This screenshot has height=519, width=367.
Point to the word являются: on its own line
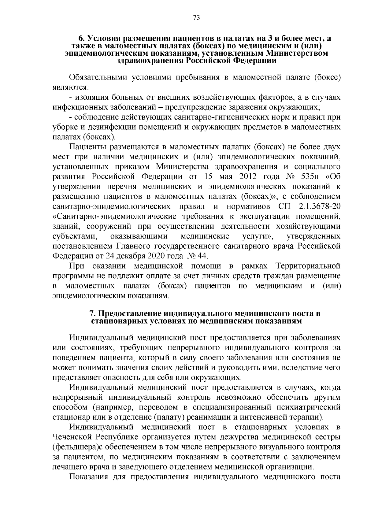click(x=70, y=87)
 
